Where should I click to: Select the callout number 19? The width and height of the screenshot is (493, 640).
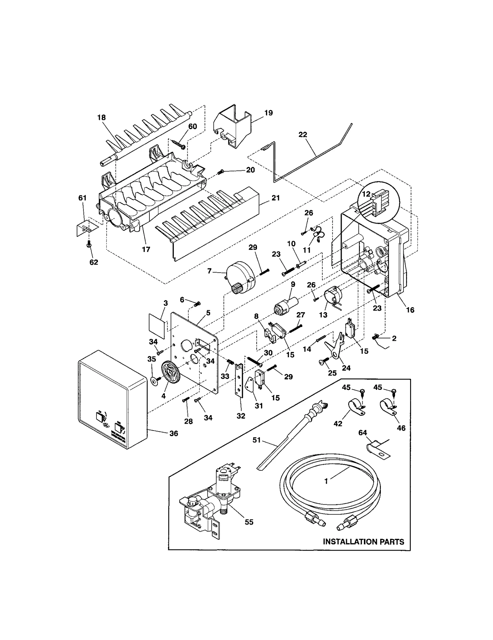268,113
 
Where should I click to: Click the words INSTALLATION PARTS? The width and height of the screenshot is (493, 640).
363,542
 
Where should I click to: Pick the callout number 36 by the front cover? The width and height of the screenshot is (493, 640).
174,433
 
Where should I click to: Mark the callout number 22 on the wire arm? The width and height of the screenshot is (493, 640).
303,135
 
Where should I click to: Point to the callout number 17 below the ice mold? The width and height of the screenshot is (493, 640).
146,249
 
